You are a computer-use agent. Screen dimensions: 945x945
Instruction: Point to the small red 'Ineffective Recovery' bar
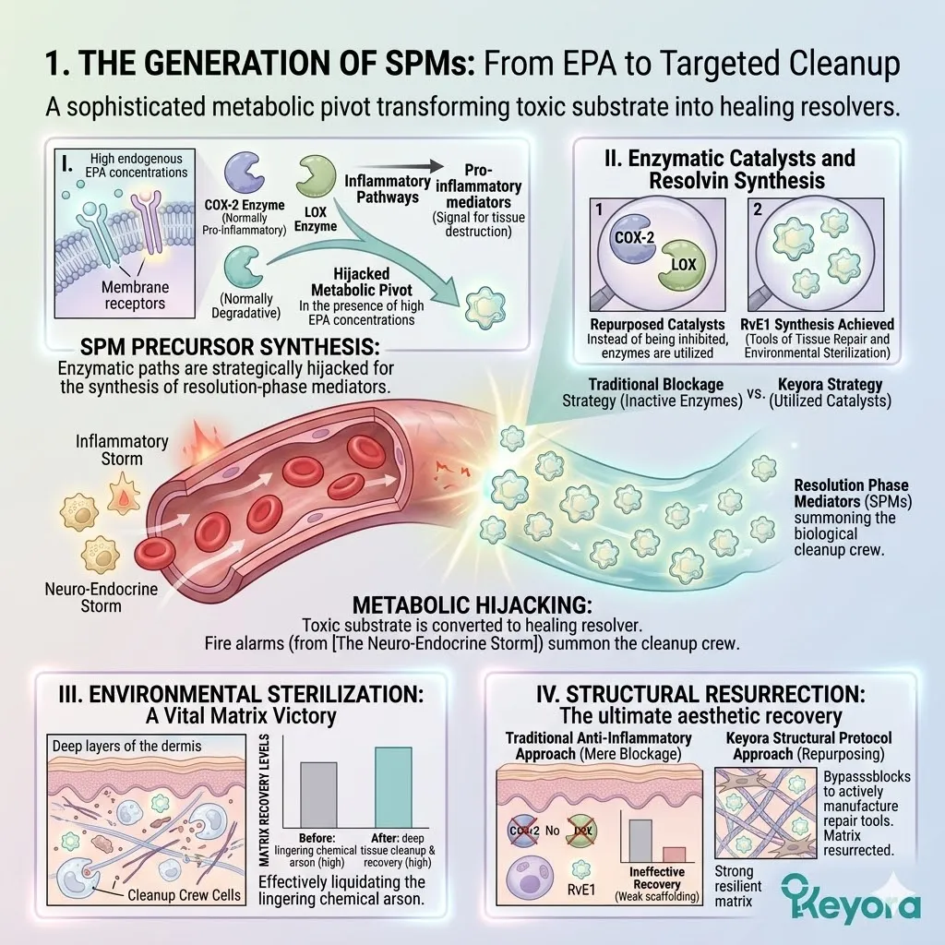pos(674,855)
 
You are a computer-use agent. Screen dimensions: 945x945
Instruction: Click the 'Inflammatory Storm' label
pos(122,449)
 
